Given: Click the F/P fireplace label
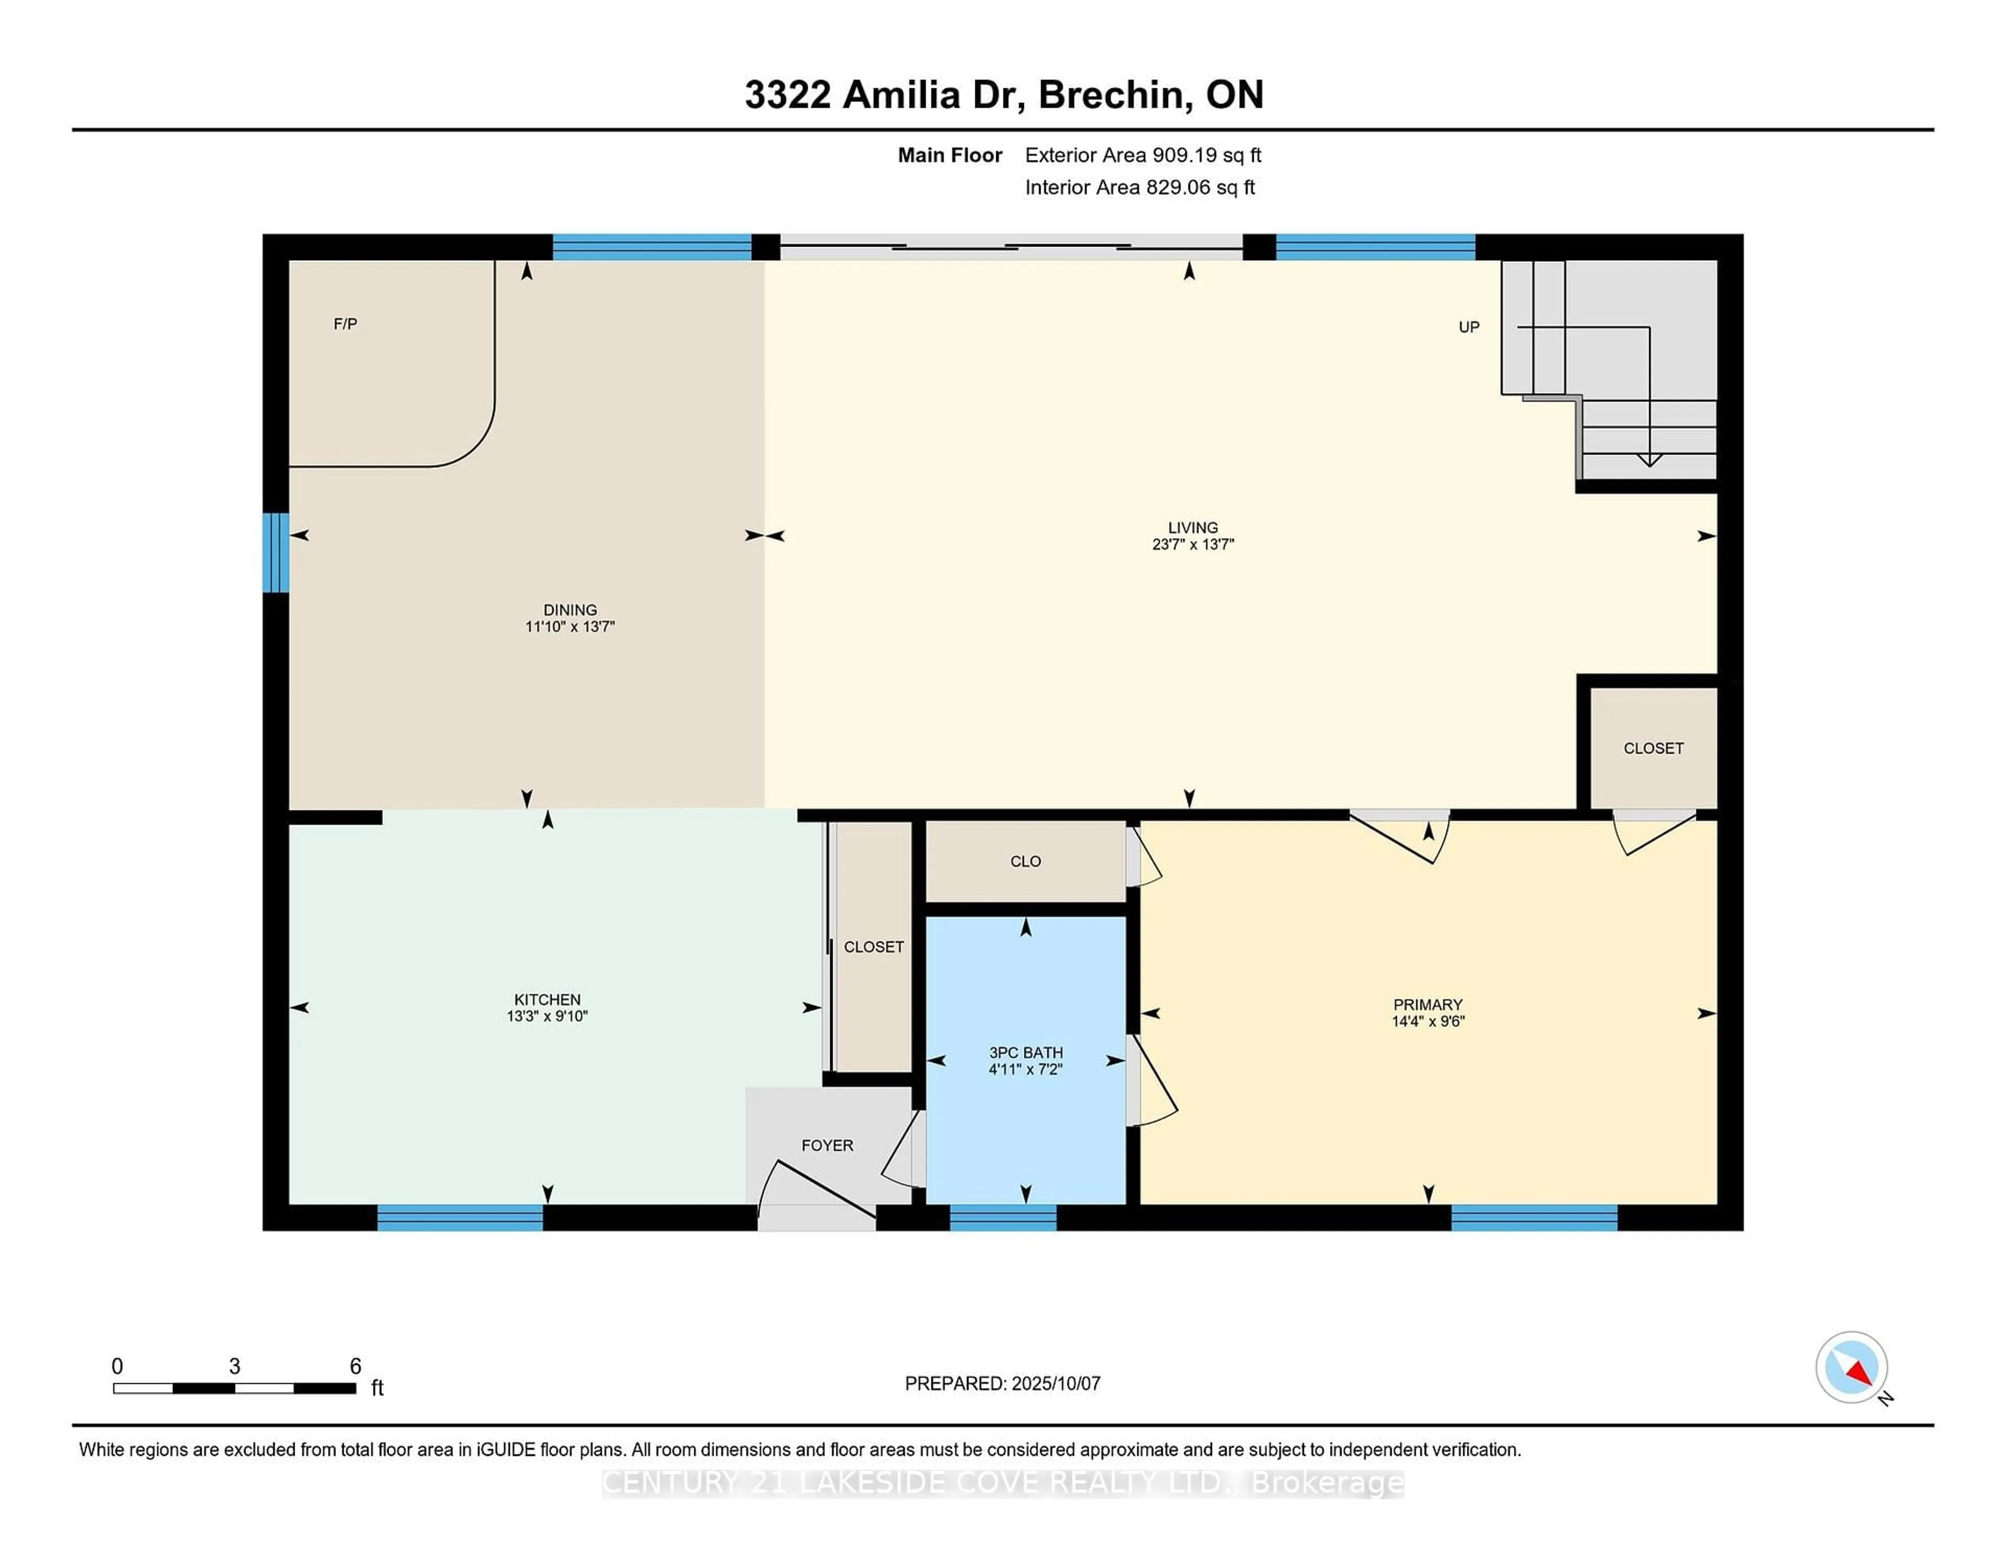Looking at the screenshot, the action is coord(345,323).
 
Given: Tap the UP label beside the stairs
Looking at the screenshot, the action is coord(1468,327).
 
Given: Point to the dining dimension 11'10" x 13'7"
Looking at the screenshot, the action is coord(569,627).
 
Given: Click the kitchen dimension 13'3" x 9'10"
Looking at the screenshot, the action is coord(547,1016).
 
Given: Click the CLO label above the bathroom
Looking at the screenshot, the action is coord(1026,862).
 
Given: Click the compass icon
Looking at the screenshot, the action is coord(1852,1367).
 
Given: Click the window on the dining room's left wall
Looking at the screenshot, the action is coord(275,552).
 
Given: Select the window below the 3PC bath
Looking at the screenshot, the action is coord(1003,1218).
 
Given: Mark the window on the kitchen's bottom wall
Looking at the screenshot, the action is coord(460,1218).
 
